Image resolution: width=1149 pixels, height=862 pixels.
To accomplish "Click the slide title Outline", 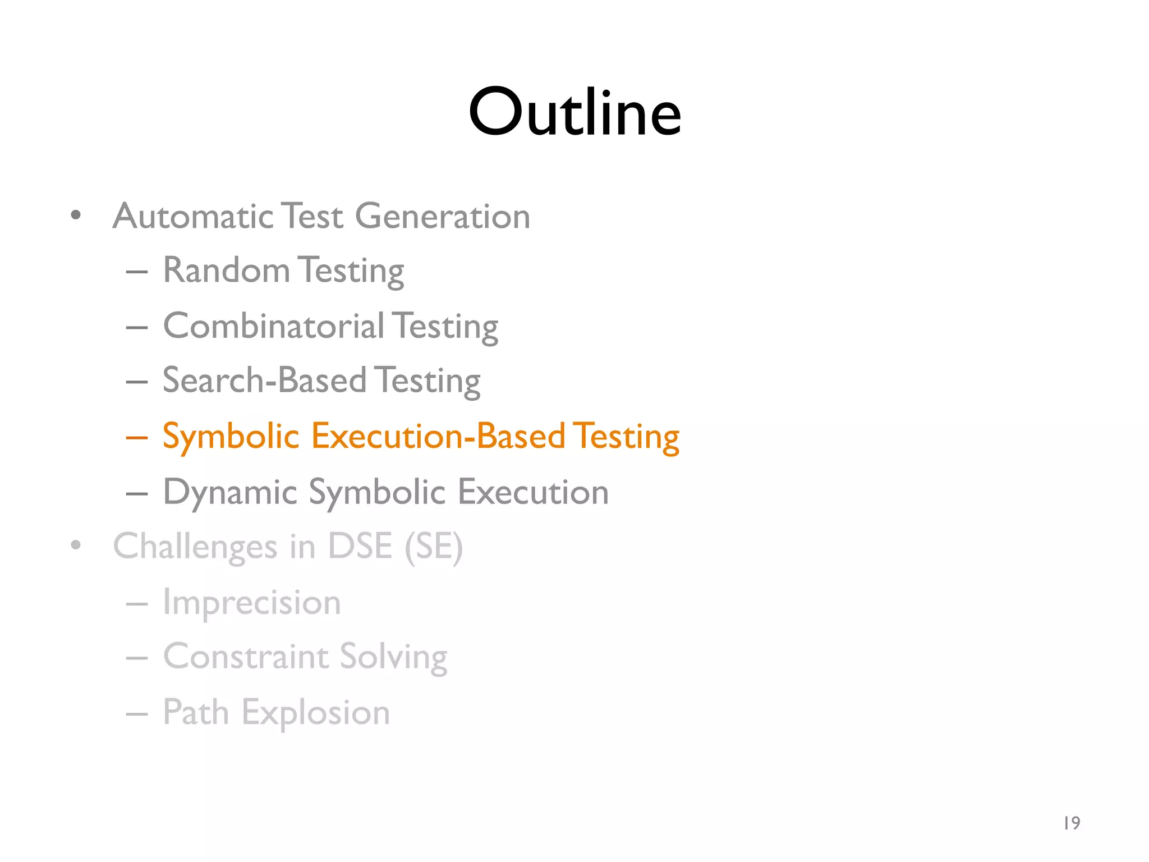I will [x=574, y=112].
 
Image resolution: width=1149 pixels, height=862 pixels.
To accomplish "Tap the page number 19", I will [x=1072, y=823].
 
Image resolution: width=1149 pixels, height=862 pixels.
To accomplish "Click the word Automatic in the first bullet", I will [x=193, y=216].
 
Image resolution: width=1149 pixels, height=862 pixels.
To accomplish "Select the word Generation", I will [x=443, y=216].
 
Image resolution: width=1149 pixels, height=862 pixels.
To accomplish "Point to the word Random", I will [x=226, y=270].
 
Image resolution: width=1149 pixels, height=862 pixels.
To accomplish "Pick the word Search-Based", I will [x=265, y=380].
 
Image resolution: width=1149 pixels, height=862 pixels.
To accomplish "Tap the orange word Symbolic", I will [x=231, y=437].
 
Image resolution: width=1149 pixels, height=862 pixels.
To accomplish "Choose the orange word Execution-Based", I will [x=438, y=436].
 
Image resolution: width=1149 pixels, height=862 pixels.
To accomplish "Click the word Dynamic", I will [x=230, y=492].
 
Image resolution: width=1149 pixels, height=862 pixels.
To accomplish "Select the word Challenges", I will [x=195, y=547].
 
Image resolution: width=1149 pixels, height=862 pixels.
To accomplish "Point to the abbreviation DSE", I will [x=360, y=545].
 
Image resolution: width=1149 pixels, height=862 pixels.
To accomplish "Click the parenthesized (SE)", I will [x=434, y=547].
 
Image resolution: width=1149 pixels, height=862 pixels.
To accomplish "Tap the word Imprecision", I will [x=252, y=602].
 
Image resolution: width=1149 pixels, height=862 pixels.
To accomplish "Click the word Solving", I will [x=393, y=657].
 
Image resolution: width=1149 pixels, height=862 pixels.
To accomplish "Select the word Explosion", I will [x=316, y=713].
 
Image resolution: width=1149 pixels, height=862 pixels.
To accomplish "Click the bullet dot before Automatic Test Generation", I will [x=76, y=215].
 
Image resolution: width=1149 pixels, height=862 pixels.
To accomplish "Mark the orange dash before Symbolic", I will [x=137, y=437].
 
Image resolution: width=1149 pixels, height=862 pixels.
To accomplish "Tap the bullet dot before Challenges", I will [x=76, y=544].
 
